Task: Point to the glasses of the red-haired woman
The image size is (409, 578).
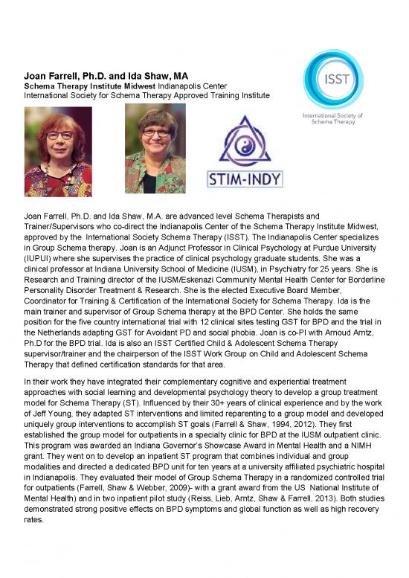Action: click(58, 135)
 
